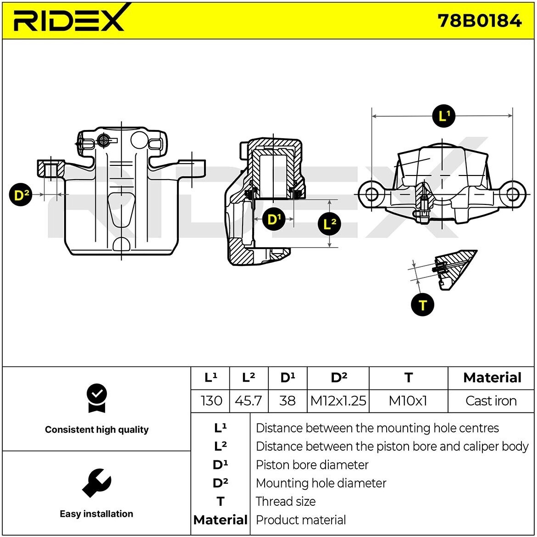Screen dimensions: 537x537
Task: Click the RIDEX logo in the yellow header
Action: [69, 19]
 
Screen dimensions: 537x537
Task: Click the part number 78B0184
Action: [479, 21]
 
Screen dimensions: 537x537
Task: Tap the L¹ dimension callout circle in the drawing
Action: [443, 116]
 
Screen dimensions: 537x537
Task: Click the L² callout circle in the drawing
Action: [329, 224]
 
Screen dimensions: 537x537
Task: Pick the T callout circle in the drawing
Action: [422, 305]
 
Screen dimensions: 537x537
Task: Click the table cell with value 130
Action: [211, 401]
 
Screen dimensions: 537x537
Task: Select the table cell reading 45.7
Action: [248, 401]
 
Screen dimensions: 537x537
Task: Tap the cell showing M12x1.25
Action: [338, 401]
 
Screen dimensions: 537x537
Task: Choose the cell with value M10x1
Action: [408, 401]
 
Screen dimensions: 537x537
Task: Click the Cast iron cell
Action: [491, 401]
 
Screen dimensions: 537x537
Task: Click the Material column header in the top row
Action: [492, 378]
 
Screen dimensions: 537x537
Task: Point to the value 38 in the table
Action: [287, 401]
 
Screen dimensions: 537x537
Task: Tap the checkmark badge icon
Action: [96, 398]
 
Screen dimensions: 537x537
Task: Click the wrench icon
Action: [96, 483]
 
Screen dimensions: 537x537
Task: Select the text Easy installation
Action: [96, 514]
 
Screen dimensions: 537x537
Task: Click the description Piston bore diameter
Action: [312, 465]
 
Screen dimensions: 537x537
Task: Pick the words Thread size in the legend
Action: [285, 502]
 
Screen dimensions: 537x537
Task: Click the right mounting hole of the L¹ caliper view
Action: [512, 194]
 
